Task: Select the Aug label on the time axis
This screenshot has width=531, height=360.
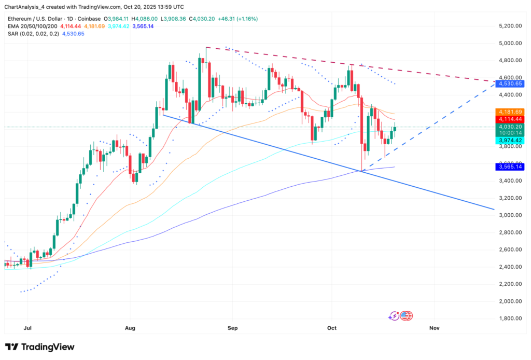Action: point(130,328)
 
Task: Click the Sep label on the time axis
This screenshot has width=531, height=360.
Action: point(232,328)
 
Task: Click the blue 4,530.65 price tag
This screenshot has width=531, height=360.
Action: point(511,84)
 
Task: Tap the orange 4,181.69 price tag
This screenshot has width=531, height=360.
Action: point(511,112)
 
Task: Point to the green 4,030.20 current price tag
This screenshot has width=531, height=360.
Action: point(511,127)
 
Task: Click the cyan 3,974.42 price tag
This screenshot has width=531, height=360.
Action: point(511,140)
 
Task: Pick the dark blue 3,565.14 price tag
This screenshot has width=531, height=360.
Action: point(511,167)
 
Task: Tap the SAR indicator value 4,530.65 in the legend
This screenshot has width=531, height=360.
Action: point(73,34)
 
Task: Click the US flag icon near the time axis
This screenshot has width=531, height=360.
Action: point(406,315)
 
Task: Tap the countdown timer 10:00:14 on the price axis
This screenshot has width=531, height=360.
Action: point(511,133)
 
